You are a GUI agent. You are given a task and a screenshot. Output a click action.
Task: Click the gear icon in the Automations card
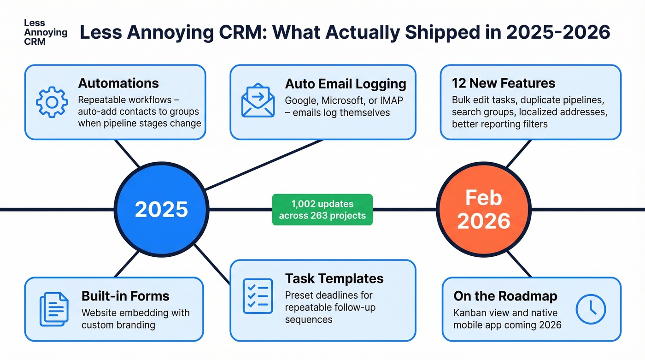(52, 102)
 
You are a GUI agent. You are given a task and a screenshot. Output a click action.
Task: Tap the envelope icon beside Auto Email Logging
(258, 100)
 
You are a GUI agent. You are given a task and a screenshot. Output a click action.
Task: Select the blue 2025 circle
(161, 209)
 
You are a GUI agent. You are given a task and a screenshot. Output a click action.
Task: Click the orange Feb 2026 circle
(483, 209)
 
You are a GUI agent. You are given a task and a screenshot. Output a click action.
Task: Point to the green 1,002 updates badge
(322, 209)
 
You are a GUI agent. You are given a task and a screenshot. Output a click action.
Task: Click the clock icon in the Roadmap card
(591, 309)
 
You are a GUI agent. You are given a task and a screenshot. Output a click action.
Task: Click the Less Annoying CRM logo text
(45, 32)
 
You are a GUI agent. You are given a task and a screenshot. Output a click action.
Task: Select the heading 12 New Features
(504, 83)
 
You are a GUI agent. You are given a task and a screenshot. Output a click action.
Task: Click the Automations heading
(118, 83)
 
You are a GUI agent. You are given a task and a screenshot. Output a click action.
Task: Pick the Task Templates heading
(334, 279)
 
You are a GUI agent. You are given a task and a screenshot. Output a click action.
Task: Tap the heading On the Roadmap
(505, 296)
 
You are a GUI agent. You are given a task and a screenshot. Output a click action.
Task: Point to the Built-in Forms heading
(125, 296)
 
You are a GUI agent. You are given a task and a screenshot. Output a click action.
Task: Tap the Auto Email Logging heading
(346, 83)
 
